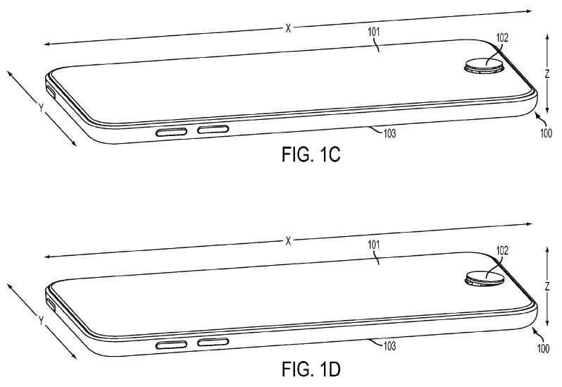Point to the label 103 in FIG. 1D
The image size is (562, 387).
click(389, 345)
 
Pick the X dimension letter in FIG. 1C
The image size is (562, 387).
click(288, 28)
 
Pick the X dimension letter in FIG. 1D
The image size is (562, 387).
click(288, 240)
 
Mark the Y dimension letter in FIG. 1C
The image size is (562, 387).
click(41, 107)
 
